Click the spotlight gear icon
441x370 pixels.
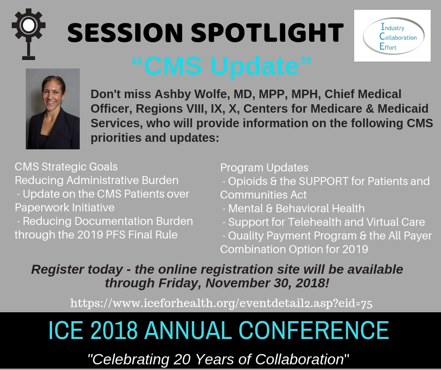point(29,34)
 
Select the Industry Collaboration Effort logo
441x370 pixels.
point(392,36)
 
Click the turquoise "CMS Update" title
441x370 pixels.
point(221,66)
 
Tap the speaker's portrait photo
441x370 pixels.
point(53,108)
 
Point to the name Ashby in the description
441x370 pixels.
point(173,94)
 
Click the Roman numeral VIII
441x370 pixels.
point(194,108)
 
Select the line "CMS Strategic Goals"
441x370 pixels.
point(66,167)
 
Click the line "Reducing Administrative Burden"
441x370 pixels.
point(97,180)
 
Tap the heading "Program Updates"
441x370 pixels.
point(265,168)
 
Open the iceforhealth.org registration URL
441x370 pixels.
point(221,303)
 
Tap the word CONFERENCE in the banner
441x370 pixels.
point(314,330)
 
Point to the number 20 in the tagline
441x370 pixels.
point(182,359)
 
